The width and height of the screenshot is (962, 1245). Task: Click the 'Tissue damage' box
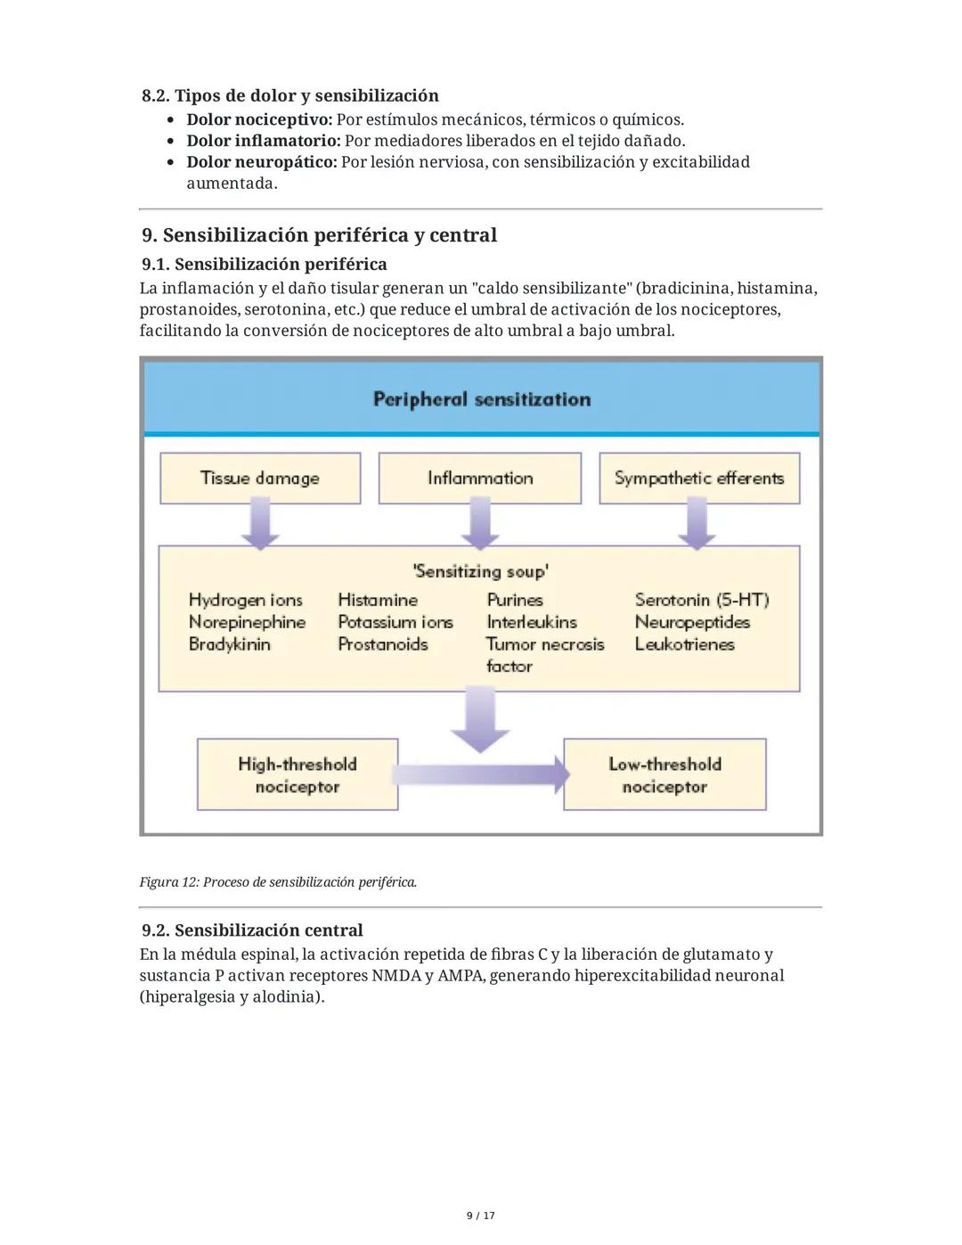[260, 479]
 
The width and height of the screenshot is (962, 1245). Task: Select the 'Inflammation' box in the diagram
[480, 479]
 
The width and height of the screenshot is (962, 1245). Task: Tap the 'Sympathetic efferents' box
[699, 479]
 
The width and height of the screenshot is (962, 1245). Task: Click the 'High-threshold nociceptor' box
[298, 774]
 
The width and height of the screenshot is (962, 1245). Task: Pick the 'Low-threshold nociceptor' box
[664, 774]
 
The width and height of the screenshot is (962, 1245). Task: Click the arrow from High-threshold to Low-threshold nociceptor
[481, 774]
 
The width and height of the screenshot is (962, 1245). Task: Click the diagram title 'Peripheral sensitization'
[481, 399]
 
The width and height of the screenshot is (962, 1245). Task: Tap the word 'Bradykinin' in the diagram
[229, 644]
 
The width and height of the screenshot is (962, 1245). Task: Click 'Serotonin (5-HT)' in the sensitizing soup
[702, 600]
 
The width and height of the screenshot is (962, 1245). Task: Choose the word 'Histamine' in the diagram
[378, 600]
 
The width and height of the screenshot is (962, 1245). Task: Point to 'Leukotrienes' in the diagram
[684, 644]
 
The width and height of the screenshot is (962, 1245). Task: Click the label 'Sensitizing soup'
[480, 571]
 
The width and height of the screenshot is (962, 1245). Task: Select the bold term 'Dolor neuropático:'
[262, 162]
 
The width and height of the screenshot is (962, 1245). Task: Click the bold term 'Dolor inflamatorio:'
[264, 141]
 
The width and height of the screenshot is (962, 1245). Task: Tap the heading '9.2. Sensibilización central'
[252, 930]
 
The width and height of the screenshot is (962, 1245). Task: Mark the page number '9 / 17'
[481, 1216]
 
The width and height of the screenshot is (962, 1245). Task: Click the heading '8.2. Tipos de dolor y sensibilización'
[290, 95]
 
